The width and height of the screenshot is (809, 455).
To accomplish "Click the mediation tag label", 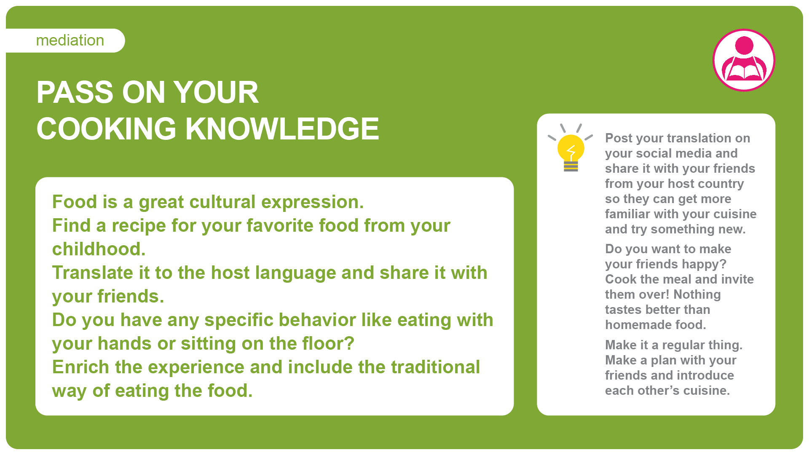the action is point(70,40).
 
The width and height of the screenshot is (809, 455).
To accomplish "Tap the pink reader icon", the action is point(744,60).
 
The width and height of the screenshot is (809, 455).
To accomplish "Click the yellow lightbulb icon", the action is point(571,148).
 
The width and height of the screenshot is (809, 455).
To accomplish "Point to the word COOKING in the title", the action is point(106,128).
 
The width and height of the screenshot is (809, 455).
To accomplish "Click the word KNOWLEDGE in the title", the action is point(282,128).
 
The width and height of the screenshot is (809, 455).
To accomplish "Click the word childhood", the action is point(99,249).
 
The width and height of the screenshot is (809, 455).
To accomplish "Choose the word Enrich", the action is point(80,367).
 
